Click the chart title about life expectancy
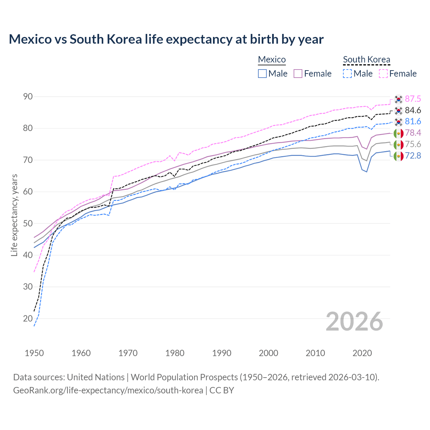[x=166, y=39]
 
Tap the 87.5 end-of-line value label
[x=413, y=99]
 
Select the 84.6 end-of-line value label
[x=413, y=110]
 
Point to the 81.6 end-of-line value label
[x=413, y=121]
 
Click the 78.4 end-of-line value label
[x=413, y=133]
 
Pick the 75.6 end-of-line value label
[x=413, y=144]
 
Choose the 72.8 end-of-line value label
[x=413, y=156]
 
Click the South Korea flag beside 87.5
[x=398, y=99]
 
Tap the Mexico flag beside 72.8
[x=398, y=156]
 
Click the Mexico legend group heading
[x=272, y=59]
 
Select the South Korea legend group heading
[x=367, y=59]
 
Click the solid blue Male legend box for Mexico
[x=262, y=74]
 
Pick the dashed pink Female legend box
[x=383, y=74]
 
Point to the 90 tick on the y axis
[x=28, y=97]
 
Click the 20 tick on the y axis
[x=28, y=318]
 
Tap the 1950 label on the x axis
[x=34, y=353]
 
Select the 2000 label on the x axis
[x=268, y=353]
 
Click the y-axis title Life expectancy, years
[x=14, y=215]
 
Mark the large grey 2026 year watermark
[x=354, y=321]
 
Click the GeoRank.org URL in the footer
[x=108, y=390]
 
